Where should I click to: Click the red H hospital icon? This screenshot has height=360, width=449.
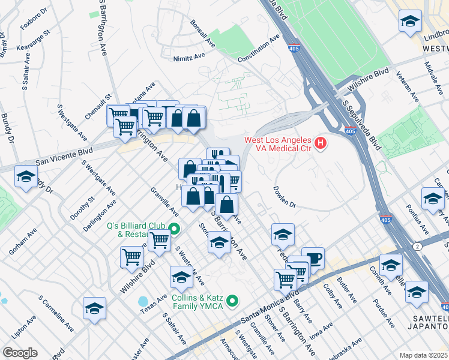pos(321,143)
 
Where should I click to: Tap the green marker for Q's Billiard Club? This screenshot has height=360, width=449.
pos(174,229)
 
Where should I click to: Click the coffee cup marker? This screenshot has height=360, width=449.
pos(313,258)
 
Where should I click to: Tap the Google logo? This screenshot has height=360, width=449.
pos(20,352)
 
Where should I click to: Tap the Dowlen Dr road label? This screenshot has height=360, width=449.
pos(285,197)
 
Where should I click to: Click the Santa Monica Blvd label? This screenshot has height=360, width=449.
pos(270,307)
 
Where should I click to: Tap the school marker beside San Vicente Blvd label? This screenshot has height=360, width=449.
pos(26,177)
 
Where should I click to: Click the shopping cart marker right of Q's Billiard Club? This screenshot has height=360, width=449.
pos(159,240)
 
